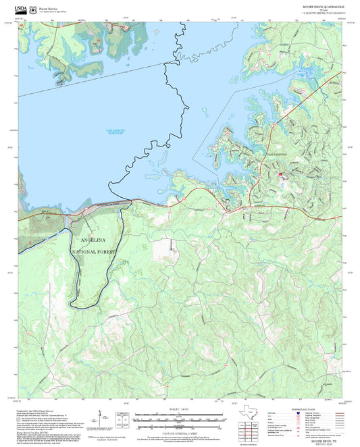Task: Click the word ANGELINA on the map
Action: pos(94,240)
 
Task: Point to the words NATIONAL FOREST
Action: pos(94,251)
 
